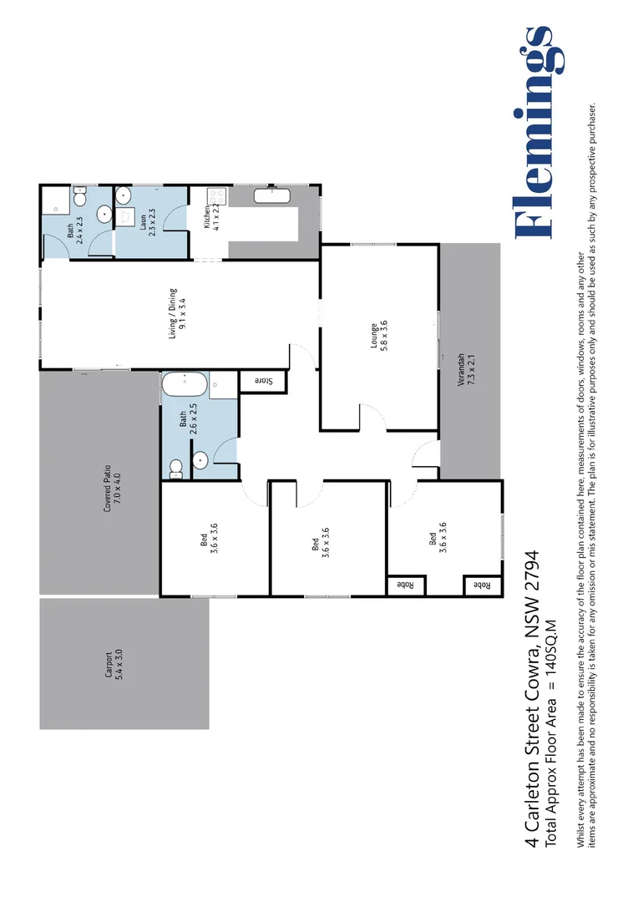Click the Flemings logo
[534, 134]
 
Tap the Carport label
[114, 663]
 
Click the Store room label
[263, 381]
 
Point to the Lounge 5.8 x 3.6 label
[380, 334]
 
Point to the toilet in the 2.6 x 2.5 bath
[175, 469]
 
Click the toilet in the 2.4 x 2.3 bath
[79, 199]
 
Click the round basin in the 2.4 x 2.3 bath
[104, 215]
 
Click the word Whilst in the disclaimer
[581, 834]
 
